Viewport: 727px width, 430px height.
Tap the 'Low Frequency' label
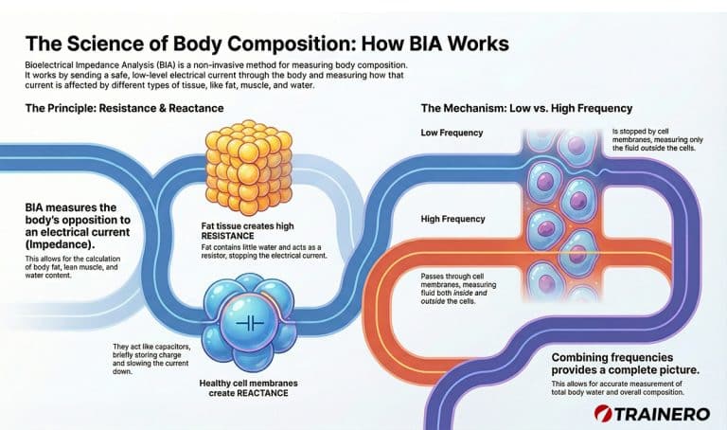click(452, 133)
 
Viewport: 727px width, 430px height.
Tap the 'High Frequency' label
click(453, 220)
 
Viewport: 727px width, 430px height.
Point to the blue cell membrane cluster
click(241, 322)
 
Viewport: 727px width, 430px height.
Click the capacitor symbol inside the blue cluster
click(247, 322)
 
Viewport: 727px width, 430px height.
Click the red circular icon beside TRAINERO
click(601, 413)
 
